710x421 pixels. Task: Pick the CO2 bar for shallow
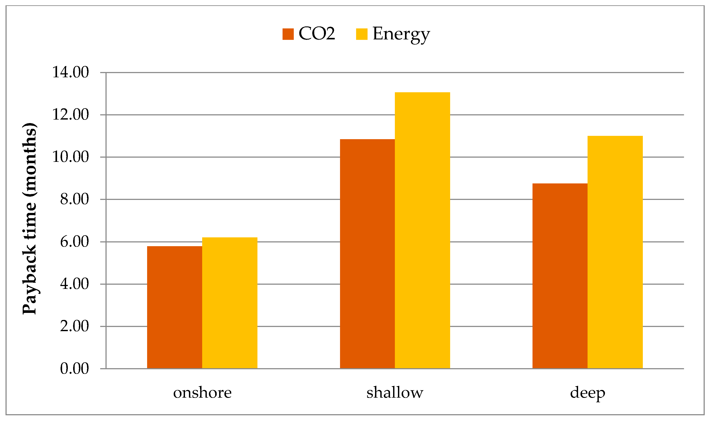[x=367, y=254]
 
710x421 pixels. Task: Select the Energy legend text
[x=401, y=34]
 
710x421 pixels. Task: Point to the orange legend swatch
[x=288, y=34]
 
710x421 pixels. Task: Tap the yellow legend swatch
[x=362, y=34]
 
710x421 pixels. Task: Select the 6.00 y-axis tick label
[x=74, y=242]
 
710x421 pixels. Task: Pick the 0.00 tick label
[x=74, y=369]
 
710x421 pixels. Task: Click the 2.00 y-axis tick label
[x=74, y=326]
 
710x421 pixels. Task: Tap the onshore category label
[x=202, y=393]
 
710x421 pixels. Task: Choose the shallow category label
[x=395, y=393]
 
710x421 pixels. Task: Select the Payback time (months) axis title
[x=30, y=218]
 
